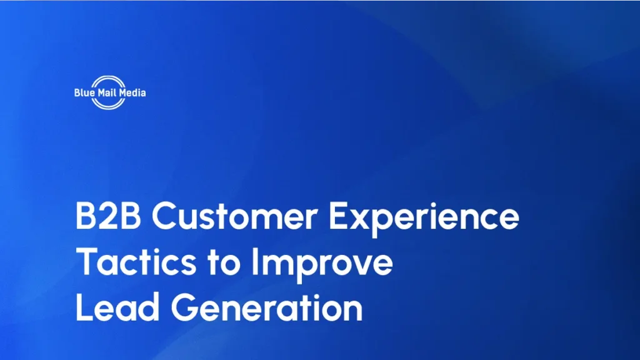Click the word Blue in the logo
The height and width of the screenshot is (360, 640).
pos(83,92)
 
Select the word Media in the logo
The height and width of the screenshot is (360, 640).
pos(133,92)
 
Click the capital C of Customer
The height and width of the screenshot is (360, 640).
pos(164,217)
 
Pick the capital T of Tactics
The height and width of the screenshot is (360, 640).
pos(86,263)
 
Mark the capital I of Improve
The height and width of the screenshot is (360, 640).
pos(255,263)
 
